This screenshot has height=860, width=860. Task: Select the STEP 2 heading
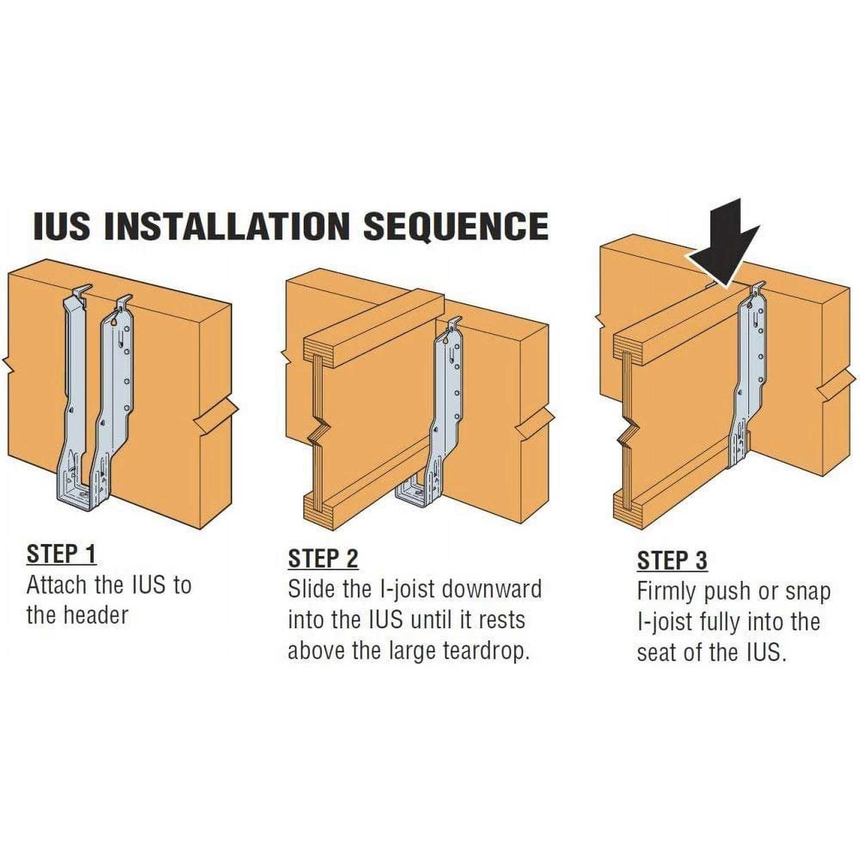[x=323, y=558]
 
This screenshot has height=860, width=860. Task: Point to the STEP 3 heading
[x=672, y=560]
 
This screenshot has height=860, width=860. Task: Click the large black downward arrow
[x=725, y=244]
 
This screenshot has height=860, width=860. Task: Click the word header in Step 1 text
[x=96, y=616]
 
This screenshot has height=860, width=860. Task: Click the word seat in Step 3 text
[x=658, y=652]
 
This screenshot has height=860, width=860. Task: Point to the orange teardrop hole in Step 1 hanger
[x=116, y=322]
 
